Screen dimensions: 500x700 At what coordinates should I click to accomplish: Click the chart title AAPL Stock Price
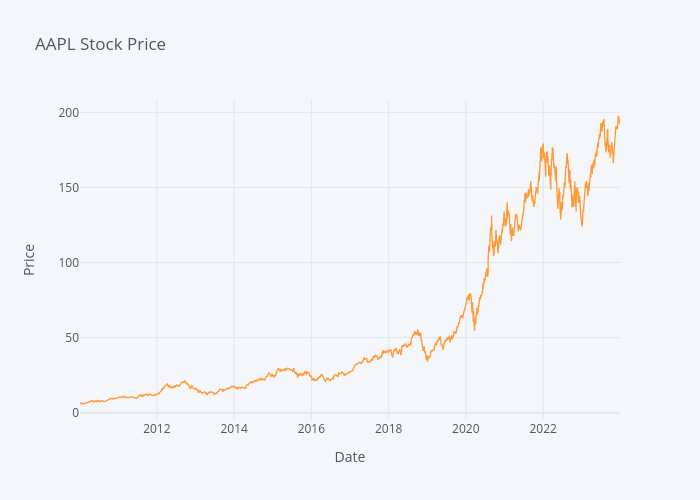coord(100,44)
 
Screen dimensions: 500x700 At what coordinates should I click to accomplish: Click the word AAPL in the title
coord(54,44)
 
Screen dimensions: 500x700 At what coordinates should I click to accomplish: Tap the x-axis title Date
coord(349,457)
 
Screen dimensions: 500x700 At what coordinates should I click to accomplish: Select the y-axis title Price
coord(29,260)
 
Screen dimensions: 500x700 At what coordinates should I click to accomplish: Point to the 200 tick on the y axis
coord(68,112)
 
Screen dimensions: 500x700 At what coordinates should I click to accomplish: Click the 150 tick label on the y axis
coord(68,187)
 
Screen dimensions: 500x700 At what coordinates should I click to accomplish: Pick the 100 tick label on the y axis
coord(68,262)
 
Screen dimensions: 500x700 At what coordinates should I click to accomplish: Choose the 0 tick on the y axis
coord(75,412)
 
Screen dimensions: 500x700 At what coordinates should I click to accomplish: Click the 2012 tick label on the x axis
coord(157,430)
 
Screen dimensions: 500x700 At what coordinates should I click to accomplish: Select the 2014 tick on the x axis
coord(234,430)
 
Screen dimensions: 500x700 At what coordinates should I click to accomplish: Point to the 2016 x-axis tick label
coord(311,430)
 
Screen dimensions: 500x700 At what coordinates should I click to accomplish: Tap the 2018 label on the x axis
coord(388,430)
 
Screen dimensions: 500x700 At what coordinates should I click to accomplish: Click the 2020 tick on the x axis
coord(465,430)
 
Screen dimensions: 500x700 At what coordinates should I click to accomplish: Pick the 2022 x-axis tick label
coord(542,430)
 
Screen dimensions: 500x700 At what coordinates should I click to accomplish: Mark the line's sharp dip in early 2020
coord(475,328)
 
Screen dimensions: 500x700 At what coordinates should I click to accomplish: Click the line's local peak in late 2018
coord(417,330)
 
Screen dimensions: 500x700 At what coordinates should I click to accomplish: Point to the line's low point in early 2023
coord(581,225)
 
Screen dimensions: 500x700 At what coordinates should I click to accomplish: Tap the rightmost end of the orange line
coord(619,121)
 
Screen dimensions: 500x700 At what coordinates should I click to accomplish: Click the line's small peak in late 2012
coord(185,381)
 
